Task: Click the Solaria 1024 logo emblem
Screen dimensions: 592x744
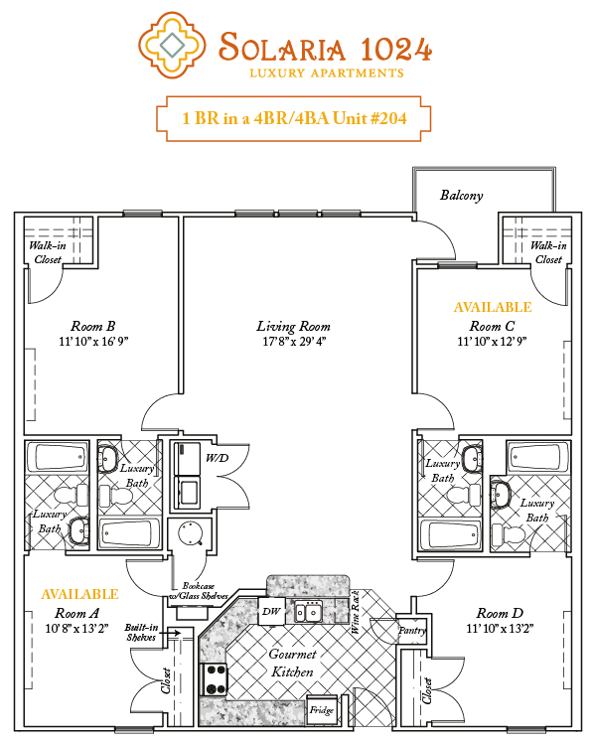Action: coord(172,45)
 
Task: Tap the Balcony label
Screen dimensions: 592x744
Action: coord(462,196)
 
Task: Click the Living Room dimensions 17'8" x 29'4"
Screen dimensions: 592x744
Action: coord(294,342)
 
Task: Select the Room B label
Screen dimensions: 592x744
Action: coord(93,327)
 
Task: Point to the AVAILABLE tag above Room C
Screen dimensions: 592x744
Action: coord(493,307)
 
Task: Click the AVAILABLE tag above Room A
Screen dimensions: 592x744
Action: coord(79,594)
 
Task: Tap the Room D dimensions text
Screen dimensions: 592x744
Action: coord(500,628)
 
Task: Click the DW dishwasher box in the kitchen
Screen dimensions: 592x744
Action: coord(271,612)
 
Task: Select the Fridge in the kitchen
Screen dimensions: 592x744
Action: coord(322,710)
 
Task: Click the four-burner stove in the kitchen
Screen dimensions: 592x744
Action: coord(216,679)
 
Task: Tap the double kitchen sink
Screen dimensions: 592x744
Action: coord(308,611)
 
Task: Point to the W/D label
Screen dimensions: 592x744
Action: coord(217,458)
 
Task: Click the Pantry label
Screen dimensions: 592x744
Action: coord(412,631)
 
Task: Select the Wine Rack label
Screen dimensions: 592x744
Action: coord(356,612)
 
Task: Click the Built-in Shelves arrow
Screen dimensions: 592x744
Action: coord(173,633)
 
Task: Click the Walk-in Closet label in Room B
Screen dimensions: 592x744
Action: coord(48,252)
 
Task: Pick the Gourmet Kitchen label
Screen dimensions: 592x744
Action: coord(292,664)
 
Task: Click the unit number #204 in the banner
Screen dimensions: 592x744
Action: coord(387,118)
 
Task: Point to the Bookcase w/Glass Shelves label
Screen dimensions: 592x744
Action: coord(199,591)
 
